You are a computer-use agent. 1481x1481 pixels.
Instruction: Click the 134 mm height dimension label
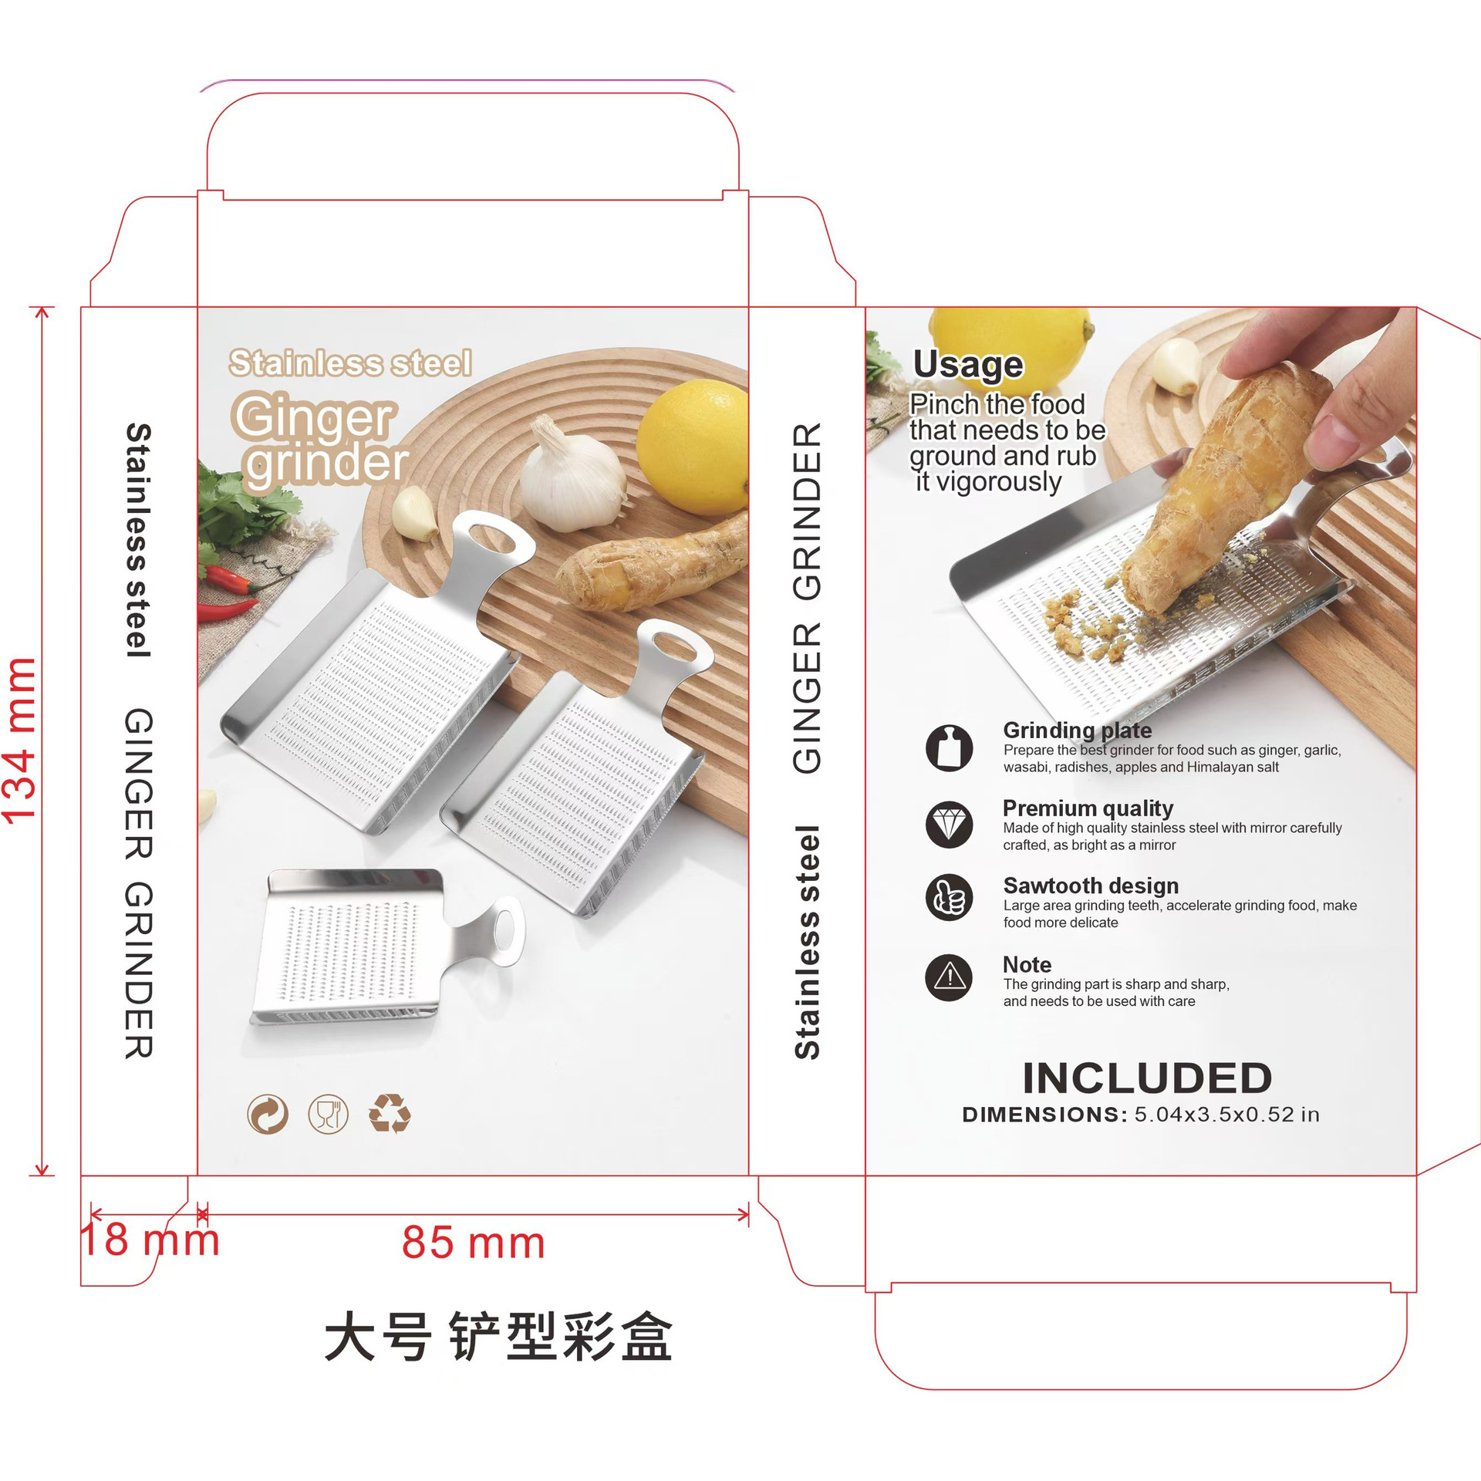pos(20,741)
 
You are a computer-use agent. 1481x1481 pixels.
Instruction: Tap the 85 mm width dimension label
pos(473,1243)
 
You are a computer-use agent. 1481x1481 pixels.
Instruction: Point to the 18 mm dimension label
pos(150,1240)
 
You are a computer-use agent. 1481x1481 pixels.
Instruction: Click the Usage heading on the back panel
pos(968,365)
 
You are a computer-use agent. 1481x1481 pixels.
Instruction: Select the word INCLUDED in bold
pos(1147,1078)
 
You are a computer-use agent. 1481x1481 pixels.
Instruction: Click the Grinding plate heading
pos(1078,730)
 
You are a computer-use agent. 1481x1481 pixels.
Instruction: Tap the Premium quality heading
pos(1088,808)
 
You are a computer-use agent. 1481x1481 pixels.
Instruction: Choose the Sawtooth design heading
pos(1091,886)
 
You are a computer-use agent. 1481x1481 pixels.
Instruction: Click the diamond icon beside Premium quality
pos(949,824)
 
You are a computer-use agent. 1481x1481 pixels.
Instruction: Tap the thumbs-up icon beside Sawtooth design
pos(949,897)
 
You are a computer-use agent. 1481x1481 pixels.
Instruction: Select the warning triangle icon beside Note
pos(949,977)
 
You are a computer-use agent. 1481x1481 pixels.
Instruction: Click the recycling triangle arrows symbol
pos(390,1113)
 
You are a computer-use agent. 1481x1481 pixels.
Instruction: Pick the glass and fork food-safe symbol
pos(328,1115)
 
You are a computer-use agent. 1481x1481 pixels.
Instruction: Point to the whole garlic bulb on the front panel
pos(572,476)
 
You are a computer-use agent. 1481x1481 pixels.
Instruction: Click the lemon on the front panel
pos(692,447)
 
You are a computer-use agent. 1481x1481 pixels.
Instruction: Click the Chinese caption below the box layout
pos(498,1337)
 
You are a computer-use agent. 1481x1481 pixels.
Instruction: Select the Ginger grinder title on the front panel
pos(320,439)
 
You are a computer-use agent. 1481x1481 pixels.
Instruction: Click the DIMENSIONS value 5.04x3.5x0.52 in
pos(1226,1115)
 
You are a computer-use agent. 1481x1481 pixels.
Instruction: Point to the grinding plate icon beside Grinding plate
pos(949,747)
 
